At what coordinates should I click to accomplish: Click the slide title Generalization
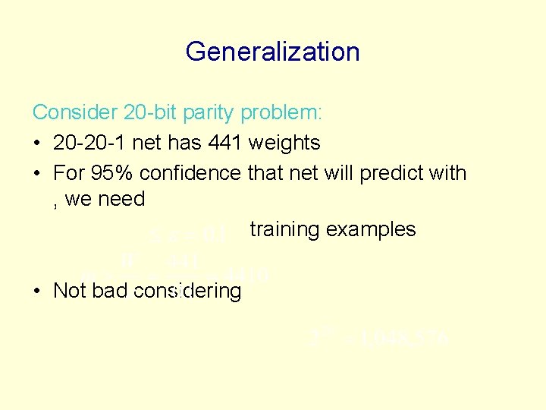pos(272,52)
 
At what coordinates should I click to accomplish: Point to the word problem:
pos(282,113)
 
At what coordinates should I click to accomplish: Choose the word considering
pos(190,291)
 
